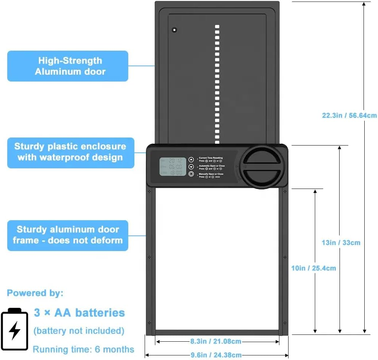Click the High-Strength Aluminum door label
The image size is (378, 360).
tap(68, 66)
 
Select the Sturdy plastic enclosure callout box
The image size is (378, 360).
tap(70, 152)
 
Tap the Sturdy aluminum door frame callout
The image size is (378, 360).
tap(67, 235)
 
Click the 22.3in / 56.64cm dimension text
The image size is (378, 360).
tap(349, 115)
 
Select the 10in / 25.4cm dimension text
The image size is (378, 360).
tap(313, 268)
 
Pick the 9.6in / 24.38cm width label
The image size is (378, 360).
tap(216, 355)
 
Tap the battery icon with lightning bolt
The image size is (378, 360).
tap(14, 329)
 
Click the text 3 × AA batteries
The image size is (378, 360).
tap(79, 313)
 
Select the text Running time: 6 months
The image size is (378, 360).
tap(83, 349)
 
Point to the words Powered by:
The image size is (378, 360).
tap(35, 293)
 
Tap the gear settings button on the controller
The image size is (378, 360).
tap(191, 174)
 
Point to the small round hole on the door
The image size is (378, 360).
tap(174, 30)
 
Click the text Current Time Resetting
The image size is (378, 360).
tap(211, 158)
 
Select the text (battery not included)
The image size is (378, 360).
tap(79, 330)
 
